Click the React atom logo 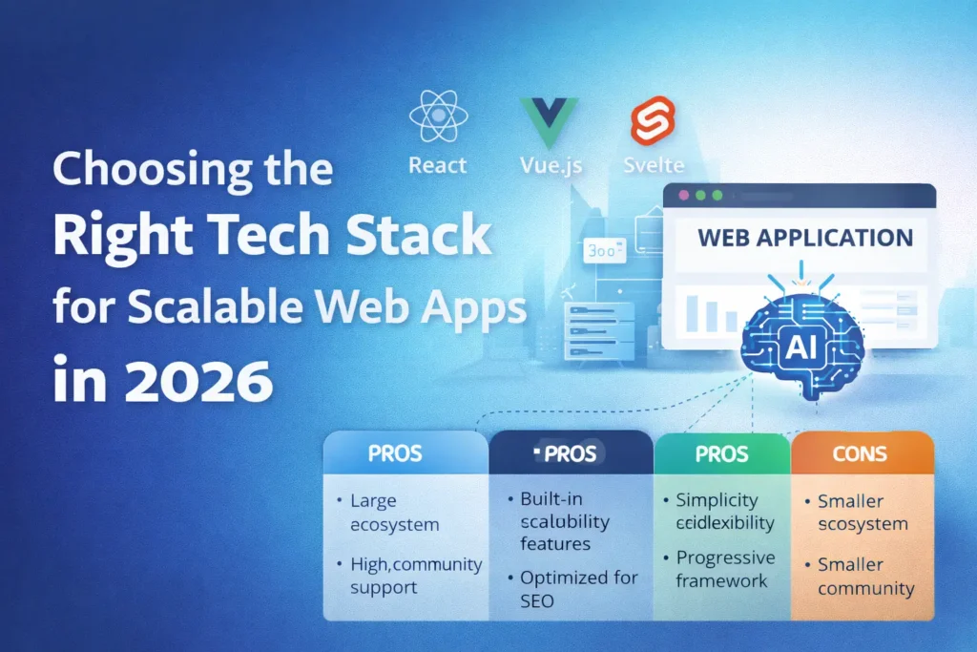click(x=438, y=117)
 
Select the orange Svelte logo click(x=653, y=123)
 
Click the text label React click(x=438, y=165)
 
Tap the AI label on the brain click(x=801, y=350)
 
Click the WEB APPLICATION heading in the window click(x=804, y=238)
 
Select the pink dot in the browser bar click(x=683, y=196)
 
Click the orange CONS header click(x=861, y=453)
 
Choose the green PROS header click(x=721, y=453)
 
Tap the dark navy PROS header click(x=570, y=454)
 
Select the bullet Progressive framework click(x=725, y=570)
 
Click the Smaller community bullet click(x=865, y=577)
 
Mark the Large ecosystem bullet click(x=392, y=513)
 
